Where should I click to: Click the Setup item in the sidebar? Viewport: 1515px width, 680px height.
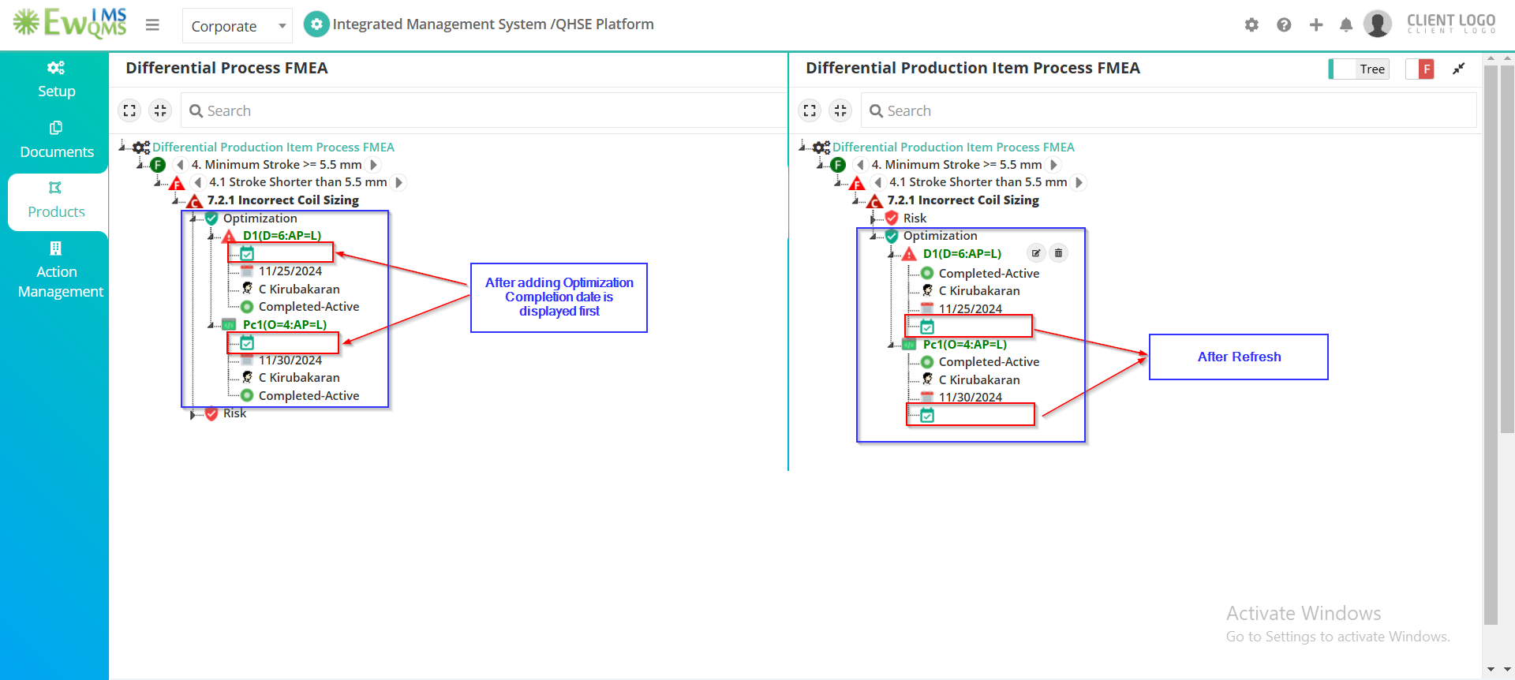[56, 80]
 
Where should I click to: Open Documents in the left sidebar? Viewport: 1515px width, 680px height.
[56, 140]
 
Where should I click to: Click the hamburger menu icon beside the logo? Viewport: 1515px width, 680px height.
[152, 25]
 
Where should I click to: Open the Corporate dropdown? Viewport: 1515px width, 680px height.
[237, 26]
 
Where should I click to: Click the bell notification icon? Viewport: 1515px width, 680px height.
[1346, 25]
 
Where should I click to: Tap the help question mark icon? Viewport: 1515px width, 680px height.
[1284, 25]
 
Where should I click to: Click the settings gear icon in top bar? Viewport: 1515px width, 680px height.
[1251, 25]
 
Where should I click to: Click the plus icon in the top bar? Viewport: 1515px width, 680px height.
[1315, 25]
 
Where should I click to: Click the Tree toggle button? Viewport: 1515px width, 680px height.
[1359, 69]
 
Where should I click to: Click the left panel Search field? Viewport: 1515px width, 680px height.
[484, 110]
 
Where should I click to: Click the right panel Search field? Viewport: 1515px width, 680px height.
[1169, 110]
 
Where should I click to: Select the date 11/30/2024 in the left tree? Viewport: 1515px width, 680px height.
[290, 360]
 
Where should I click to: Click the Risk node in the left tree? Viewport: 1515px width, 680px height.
[234, 413]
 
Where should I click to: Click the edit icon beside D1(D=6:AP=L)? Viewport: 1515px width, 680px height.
[1036, 253]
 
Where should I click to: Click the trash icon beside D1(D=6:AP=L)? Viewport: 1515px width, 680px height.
[1059, 253]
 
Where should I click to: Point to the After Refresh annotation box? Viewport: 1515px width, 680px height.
[1239, 357]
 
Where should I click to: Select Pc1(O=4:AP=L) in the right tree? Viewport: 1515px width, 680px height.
[965, 345]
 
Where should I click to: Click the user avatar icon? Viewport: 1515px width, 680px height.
[1378, 24]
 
